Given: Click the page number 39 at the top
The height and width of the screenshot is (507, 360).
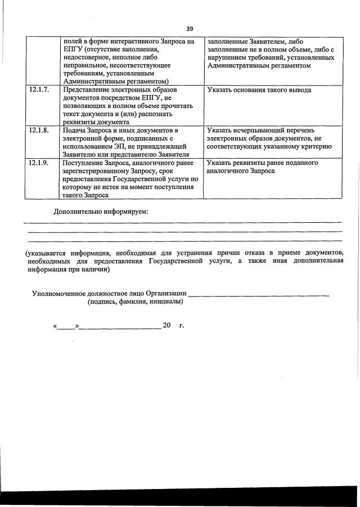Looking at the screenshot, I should [x=190, y=29].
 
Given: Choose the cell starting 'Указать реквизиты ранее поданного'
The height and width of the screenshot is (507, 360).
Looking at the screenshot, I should [x=262, y=167].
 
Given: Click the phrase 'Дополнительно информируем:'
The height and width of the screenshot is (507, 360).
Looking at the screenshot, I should [x=101, y=212].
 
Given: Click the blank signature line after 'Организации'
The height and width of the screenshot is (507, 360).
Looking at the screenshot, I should [x=259, y=294].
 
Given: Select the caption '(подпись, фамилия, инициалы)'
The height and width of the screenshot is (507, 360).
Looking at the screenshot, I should [x=135, y=302].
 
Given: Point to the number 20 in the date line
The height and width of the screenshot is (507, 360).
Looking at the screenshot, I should [x=166, y=326].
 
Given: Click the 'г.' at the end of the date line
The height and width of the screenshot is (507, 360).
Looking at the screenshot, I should [x=181, y=326].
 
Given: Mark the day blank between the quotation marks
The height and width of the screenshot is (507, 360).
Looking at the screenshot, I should [x=66, y=326].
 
